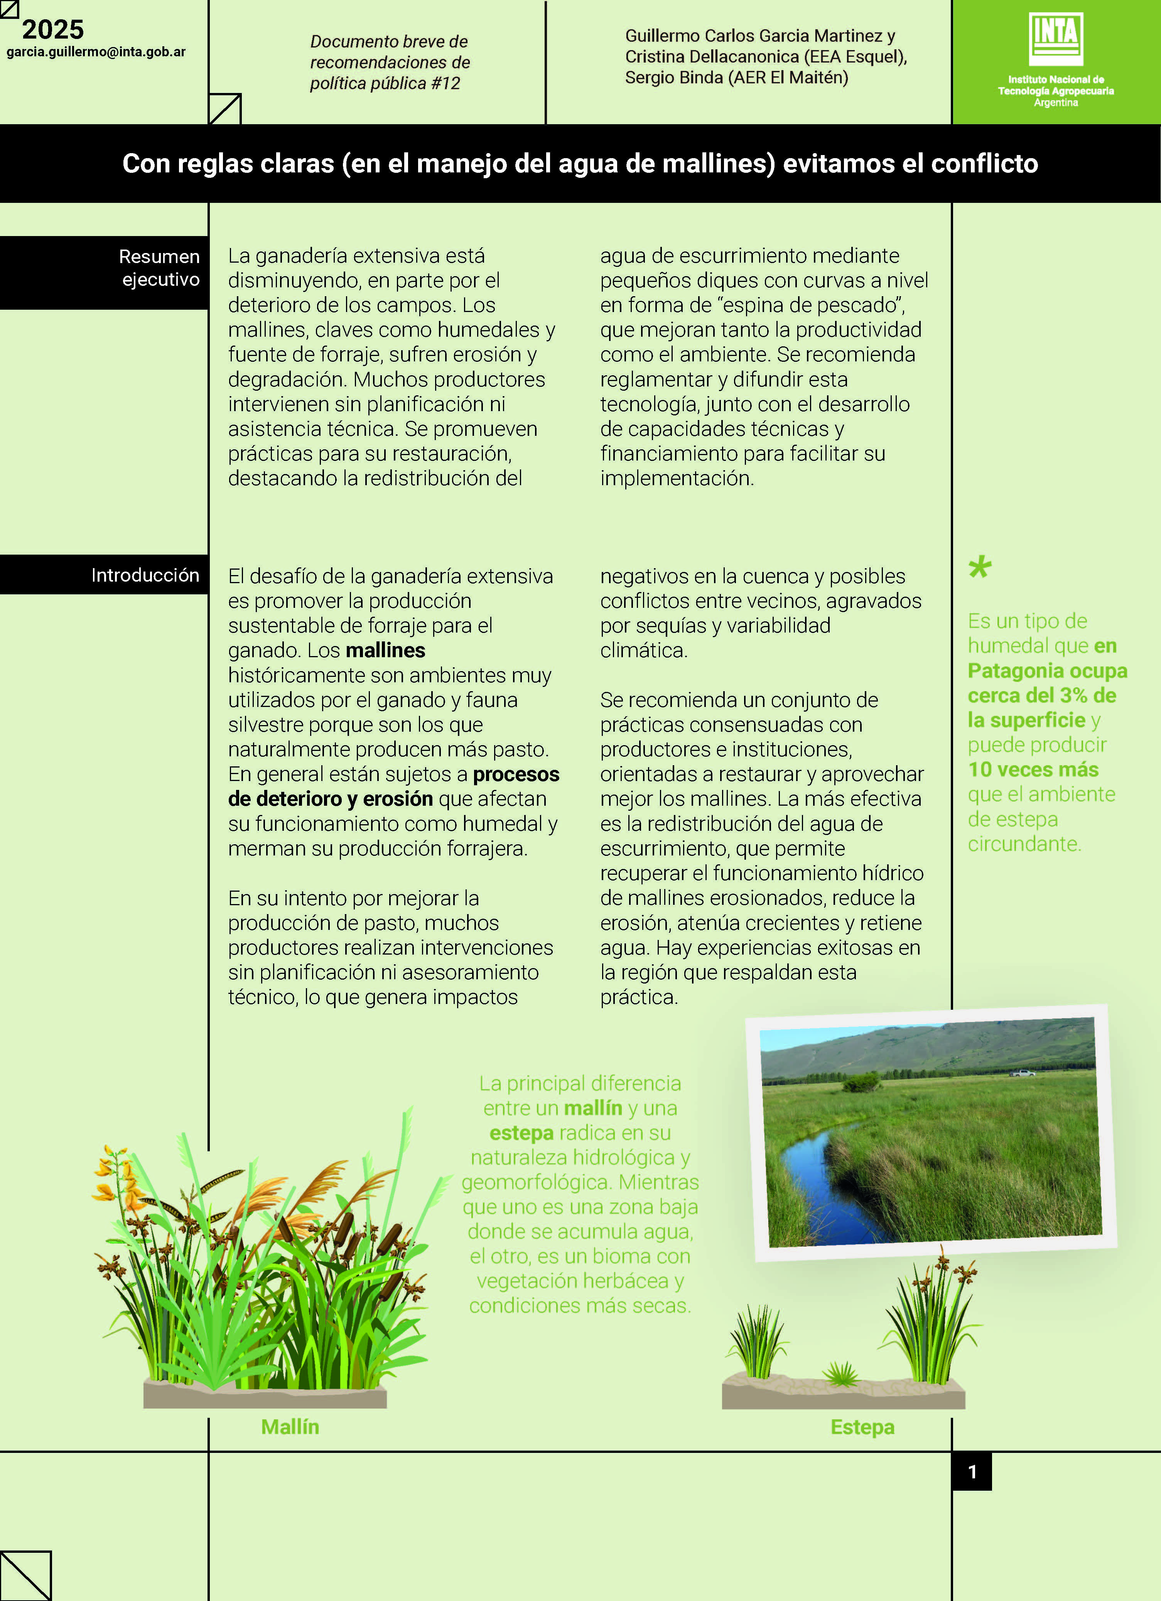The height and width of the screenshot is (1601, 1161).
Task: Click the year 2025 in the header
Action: click(x=53, y=30)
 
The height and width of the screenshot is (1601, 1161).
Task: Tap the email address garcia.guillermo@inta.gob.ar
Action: click(x=96, y=52)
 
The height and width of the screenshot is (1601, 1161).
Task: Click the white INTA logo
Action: click(x=1056, y=39)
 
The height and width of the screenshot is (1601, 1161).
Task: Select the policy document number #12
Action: click(x=445, y=83)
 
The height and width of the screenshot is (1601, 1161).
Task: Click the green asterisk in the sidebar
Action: click(x=980, y=567)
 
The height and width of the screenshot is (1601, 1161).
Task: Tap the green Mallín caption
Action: click(x=290, y=1427)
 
